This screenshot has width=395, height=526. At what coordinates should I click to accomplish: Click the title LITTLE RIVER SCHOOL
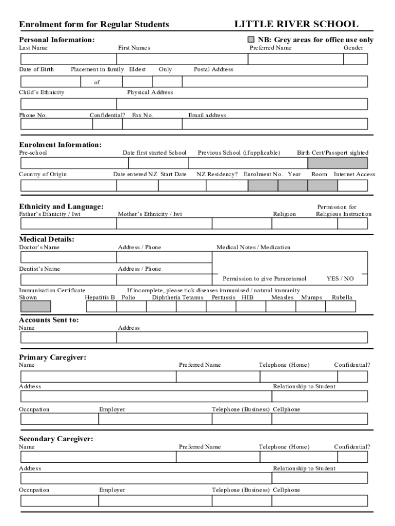[x=296, y=24]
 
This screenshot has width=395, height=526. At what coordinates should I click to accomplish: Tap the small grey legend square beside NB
[x=251, y=40]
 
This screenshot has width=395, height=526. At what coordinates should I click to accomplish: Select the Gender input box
[x=355, y=59]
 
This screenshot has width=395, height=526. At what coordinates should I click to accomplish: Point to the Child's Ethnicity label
[x=42, y=92]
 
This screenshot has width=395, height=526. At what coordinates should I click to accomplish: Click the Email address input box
[x=274, y=124]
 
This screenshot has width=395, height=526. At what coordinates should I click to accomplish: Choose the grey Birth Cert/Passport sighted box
[x=338, y=163]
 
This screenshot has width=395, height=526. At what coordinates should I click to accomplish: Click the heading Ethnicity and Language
[x=61, y=206]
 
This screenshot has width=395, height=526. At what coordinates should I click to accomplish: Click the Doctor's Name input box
[x=68, y=257]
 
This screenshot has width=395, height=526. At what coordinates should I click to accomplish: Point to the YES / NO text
[x=340, y=279]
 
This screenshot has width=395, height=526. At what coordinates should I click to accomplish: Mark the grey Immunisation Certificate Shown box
[x=35, y=307]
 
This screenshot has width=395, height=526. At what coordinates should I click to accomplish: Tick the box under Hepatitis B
[x=101, y=307]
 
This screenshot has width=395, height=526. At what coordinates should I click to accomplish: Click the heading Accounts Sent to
[x=49, y=320]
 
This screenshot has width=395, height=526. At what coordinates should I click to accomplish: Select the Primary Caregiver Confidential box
[x=352, y=377]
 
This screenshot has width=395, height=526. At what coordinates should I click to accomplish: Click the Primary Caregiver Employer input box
[x=155, y=419]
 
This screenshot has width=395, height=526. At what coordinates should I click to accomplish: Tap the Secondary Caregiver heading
[x=56, y=439]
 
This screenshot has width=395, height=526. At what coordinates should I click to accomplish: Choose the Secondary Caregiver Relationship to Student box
[x=320, y=478]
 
